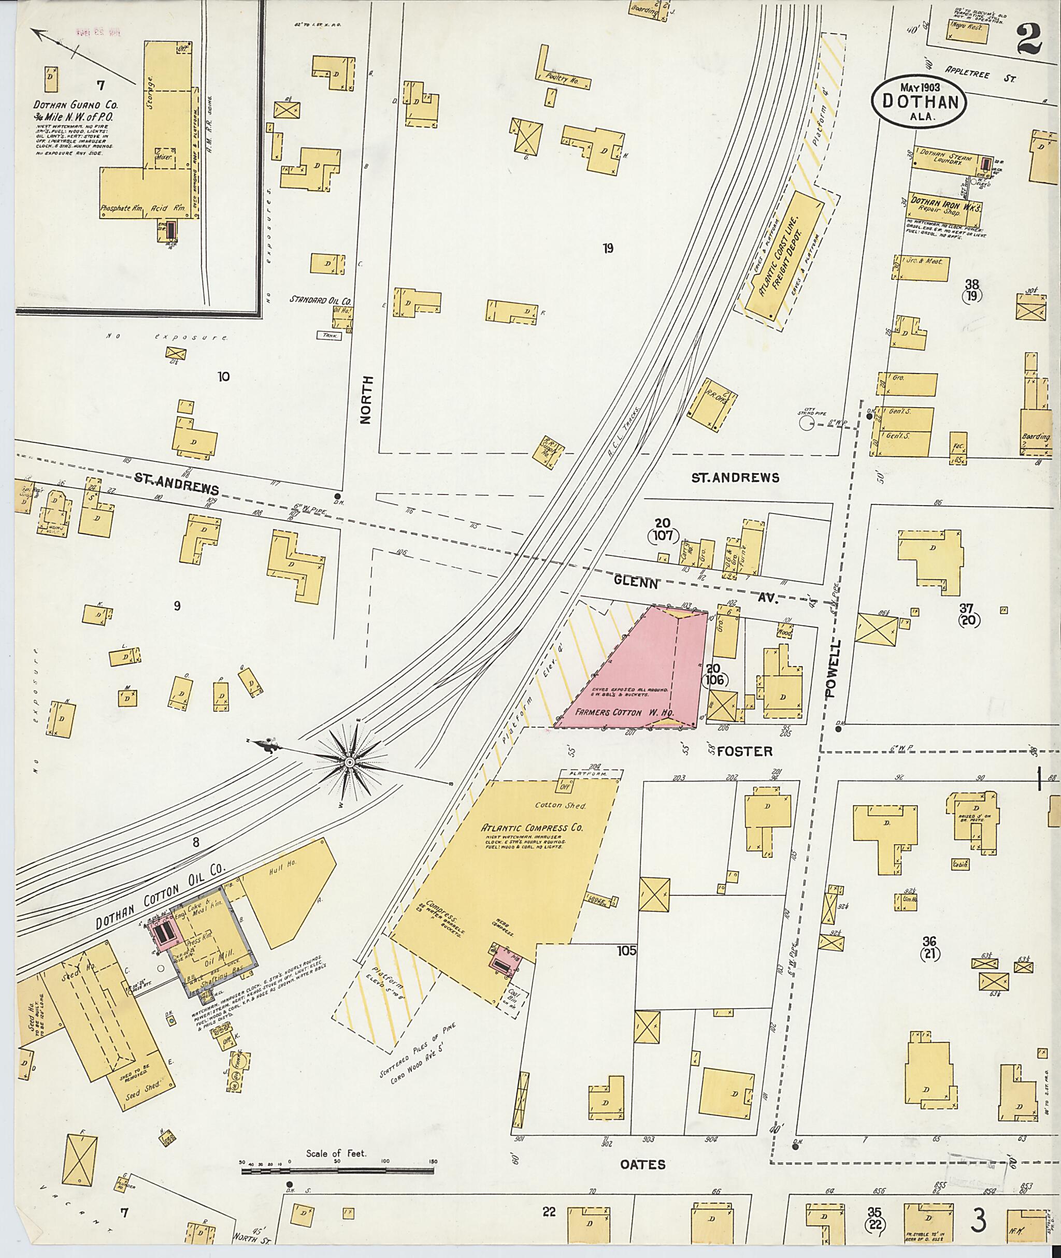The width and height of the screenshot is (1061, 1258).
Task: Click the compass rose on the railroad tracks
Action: pos(349,762)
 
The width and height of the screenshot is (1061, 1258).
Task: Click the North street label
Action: pos(366,400)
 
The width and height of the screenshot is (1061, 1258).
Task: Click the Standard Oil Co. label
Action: pos(321,299)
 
